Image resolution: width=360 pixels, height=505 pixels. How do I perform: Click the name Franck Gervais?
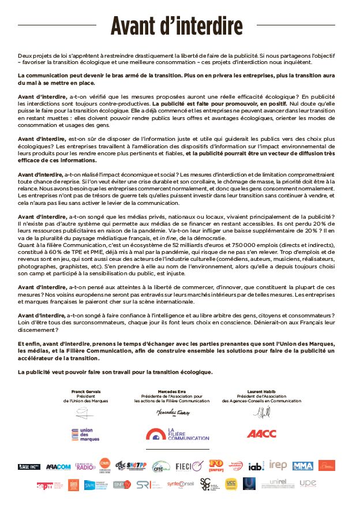85,391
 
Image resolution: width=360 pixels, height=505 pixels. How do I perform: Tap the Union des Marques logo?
85,435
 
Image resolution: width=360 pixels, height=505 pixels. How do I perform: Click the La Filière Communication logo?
177,434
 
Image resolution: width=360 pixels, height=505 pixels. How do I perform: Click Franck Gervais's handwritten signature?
85,413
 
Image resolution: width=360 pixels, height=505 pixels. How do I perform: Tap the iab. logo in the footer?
256,465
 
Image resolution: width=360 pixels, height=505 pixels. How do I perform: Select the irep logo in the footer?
278,465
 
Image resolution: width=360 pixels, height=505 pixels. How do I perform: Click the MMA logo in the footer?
302,466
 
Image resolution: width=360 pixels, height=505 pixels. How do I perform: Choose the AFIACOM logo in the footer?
58,466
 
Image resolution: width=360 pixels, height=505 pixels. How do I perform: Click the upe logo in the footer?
308,482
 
